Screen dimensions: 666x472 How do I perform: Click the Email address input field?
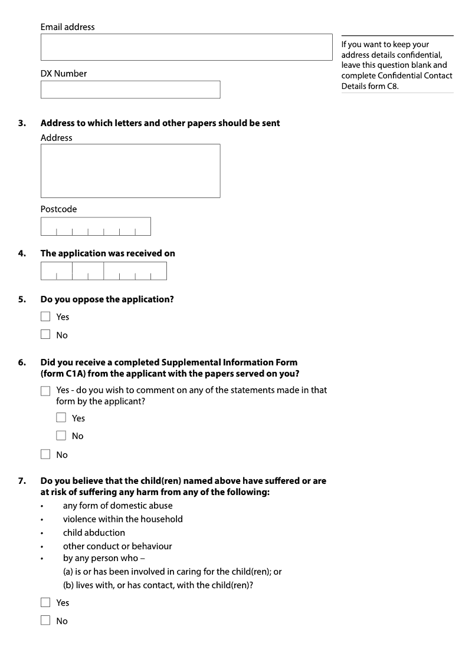point(186,47)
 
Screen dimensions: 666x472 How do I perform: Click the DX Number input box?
point(130,90)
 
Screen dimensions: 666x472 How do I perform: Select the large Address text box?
point(130,171)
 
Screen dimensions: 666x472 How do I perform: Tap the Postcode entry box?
point(96,227)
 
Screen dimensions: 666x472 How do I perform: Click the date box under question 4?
point(104,271)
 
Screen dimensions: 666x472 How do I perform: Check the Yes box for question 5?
point(45,316)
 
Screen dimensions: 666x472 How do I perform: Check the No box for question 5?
point(45,335)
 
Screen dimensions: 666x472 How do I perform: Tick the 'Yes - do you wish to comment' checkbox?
point(45,391)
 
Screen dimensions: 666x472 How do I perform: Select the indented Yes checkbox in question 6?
point(61,418)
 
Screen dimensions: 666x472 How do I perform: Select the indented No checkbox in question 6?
point(61,436)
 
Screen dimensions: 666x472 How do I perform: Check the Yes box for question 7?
point(45,602)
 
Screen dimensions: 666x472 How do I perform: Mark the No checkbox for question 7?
point(45,621)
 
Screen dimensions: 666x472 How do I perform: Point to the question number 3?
point(22,123)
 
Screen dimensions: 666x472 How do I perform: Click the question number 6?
point(22,362)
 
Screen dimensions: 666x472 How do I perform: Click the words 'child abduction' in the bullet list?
point(94,533)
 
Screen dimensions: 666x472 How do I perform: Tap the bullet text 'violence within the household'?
point(123,519)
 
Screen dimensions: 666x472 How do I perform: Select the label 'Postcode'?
point(58,209)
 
